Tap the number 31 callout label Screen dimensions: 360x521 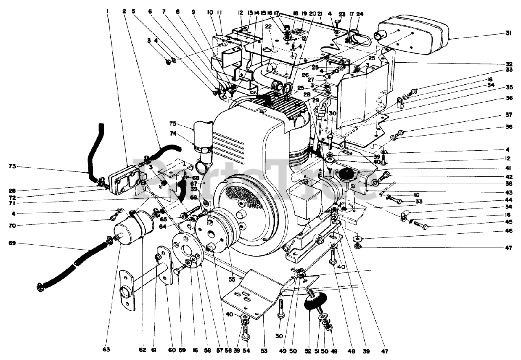[508, 33]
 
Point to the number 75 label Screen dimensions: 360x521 [173, 124]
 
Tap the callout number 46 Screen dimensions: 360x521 [508, 231]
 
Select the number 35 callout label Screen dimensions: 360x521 [508, 87]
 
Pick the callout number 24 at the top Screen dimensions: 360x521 [360, 13]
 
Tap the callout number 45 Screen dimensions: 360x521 [508, 222]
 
